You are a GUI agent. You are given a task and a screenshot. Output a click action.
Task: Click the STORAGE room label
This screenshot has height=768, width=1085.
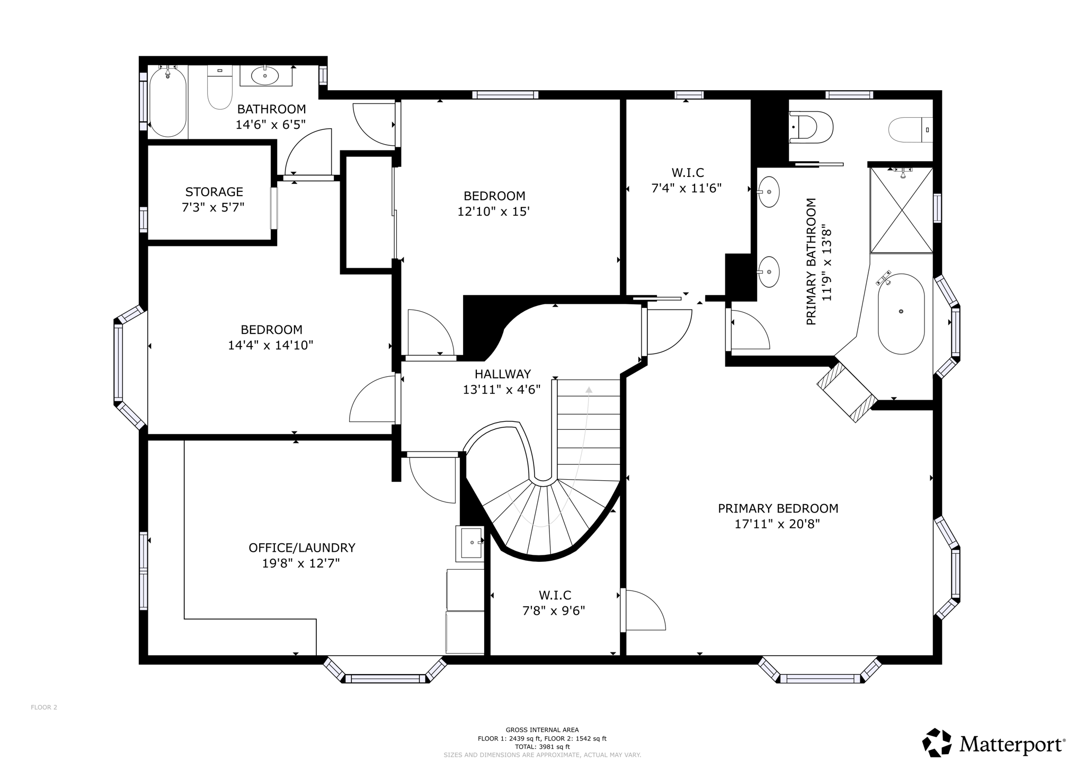coord(214,192)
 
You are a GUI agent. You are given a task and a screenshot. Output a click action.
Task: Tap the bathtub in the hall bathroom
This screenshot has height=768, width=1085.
coord(168,101)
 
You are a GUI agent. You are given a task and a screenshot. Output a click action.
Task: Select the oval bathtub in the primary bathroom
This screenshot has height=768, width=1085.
coord(901,314)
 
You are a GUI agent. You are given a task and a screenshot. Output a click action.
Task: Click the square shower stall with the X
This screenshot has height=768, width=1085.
coord(901,210)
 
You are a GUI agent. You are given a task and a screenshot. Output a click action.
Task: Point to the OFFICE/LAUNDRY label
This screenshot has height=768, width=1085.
coord(302,548)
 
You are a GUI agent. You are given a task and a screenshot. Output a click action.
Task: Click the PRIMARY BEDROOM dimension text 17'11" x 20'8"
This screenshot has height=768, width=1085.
coord(777,524)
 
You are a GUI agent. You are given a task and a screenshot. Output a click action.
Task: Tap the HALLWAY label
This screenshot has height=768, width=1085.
coord(503,374)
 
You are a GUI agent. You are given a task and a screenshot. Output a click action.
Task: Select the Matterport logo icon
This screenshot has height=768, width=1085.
coord(937,743)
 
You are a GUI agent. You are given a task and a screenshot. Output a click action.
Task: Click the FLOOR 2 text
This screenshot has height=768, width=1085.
coord(44,707)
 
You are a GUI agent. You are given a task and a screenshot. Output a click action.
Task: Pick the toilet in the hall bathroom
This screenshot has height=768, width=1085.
coord(219,87)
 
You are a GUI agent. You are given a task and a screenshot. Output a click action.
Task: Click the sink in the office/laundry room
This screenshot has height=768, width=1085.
coord(470,543)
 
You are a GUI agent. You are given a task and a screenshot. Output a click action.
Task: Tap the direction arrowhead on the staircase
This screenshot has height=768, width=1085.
coord(589,390)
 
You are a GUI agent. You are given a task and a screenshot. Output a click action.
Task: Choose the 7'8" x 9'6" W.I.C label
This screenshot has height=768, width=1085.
coord(554,611)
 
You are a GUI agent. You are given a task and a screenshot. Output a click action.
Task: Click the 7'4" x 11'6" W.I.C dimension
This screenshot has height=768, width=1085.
coord(687,188)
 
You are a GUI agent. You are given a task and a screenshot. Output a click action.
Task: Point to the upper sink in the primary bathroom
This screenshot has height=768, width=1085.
coord(768,192)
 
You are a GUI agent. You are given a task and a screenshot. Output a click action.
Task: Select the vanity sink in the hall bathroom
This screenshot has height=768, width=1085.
coord(265,76)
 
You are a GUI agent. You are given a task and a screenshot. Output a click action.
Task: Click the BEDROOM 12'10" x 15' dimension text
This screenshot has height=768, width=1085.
coord(494,211)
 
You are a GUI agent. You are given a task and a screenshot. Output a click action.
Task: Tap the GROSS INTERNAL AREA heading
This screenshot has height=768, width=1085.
coord(542,730)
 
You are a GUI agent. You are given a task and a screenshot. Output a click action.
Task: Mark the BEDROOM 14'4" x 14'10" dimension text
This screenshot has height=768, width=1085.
coord(271,345)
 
